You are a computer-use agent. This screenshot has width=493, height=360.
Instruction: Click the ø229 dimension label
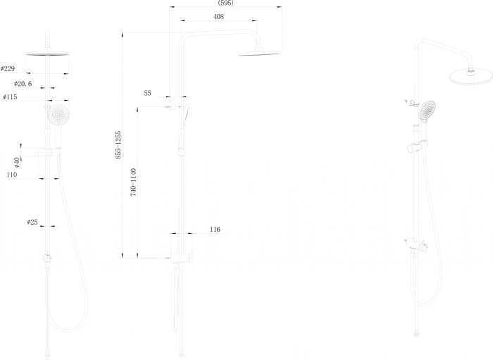(8, 68)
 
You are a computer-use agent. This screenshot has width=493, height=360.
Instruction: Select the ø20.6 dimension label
(23, 84)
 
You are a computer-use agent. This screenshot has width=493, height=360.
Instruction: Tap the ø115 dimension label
(10, 97)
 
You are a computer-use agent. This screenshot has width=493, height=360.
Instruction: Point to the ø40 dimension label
(17, 162)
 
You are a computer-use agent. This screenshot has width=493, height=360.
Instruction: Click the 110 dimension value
(12, 175)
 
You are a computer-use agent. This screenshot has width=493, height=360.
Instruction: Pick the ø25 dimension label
(32, 222)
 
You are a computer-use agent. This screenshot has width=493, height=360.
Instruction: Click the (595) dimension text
(226, 3)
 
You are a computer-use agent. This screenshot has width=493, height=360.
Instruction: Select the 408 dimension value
(218, 17)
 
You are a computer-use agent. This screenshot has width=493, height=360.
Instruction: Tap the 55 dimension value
(147, 93)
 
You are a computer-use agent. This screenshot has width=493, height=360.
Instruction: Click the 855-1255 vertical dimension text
(118, 145)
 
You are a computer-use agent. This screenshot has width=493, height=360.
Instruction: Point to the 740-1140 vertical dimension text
(134, 182)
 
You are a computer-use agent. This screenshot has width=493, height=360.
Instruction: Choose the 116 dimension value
(215, 230)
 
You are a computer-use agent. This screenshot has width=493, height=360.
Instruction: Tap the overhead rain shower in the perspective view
(471, 76)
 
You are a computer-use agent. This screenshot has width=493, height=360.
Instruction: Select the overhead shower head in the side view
(258, 53)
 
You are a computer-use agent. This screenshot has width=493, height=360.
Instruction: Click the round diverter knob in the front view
(47, 258)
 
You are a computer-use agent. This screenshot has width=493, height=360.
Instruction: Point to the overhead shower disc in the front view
(47, 54)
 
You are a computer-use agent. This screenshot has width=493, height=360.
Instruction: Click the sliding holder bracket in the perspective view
(417, 147)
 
